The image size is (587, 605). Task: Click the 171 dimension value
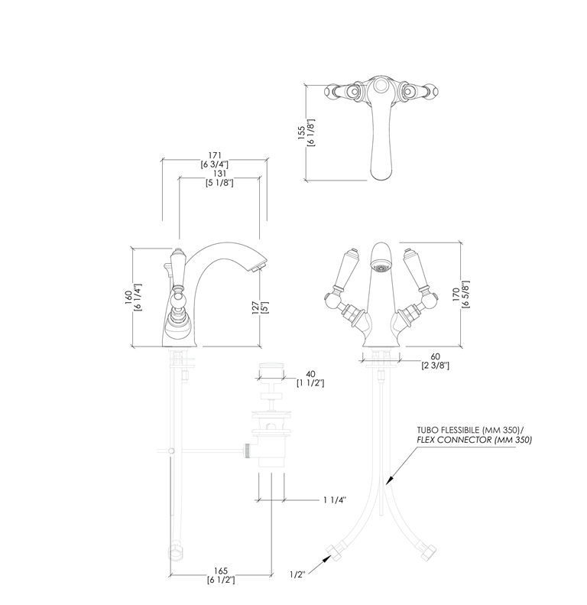pos(215,155)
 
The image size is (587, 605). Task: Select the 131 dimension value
pos(219,174)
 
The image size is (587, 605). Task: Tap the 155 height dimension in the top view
pos(302,132)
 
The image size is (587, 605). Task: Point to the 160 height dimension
pos(129,297)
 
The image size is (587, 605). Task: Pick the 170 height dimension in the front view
pos(456,294)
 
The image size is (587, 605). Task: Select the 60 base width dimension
pos(435,357)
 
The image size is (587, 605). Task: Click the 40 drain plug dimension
pos(310,374)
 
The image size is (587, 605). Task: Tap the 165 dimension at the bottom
pos(221,571)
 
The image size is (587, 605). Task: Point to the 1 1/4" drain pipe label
pos(335,500)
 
